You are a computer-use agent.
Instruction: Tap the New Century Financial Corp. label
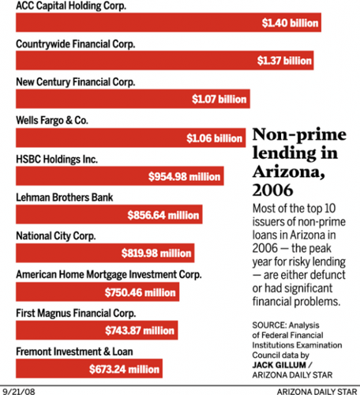75,81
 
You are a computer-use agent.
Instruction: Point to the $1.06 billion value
214,138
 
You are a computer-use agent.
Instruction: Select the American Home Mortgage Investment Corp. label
109,274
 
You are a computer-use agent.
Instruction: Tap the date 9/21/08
18,389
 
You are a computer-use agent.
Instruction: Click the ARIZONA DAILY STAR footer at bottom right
315,389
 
